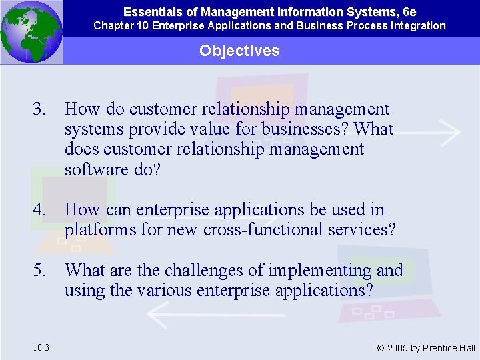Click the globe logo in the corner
31,31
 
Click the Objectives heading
239,51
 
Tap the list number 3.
41,109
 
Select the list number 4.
41,210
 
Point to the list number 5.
41,271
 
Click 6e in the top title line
409,11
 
